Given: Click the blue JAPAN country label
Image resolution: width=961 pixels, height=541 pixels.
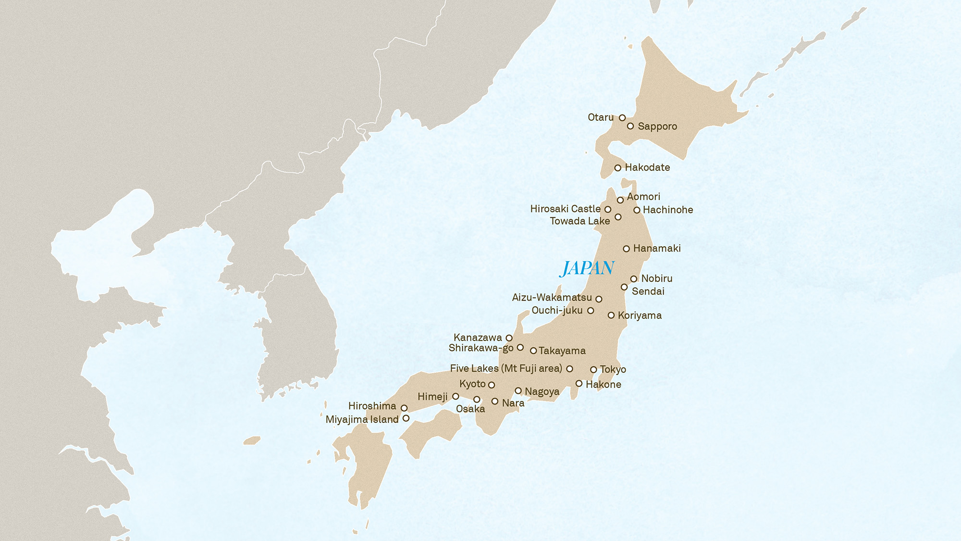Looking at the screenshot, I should [587, 268].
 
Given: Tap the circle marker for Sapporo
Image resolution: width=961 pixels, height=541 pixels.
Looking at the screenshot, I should [630, 126].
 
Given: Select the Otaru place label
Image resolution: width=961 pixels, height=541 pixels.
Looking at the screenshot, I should [601, 117].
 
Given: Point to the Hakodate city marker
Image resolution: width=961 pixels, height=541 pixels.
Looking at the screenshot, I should [618, 168].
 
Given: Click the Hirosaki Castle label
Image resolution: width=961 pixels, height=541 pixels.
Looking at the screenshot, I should [565, 209].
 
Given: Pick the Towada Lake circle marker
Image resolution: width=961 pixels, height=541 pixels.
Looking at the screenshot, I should [618, 217].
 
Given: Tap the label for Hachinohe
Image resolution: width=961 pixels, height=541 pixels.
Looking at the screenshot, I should [668, 210].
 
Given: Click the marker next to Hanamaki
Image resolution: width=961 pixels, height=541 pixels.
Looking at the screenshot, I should [626, 249].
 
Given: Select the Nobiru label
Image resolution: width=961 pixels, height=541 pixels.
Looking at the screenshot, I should [657, 278].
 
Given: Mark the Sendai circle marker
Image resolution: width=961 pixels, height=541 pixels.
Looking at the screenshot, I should [624, 287].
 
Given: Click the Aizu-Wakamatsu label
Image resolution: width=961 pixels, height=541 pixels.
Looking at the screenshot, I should [552, 298].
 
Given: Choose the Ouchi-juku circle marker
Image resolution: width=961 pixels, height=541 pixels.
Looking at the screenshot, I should [591, 311].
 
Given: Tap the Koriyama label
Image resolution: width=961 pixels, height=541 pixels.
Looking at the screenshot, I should [640, 315].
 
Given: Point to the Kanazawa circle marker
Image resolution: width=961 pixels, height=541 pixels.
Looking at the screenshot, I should [509, 338].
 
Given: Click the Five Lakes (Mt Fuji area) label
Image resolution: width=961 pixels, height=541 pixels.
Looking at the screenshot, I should [506, 368].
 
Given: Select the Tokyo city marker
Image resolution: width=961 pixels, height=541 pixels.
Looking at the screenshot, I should [593, 370].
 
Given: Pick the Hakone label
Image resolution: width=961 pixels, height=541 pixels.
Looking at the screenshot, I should [604, 384].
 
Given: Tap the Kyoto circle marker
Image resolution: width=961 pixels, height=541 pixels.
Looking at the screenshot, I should [492, 385].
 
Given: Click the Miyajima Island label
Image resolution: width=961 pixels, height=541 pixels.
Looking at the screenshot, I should [362, 419].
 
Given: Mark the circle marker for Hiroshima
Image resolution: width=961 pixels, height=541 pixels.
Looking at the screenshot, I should [404, 408].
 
